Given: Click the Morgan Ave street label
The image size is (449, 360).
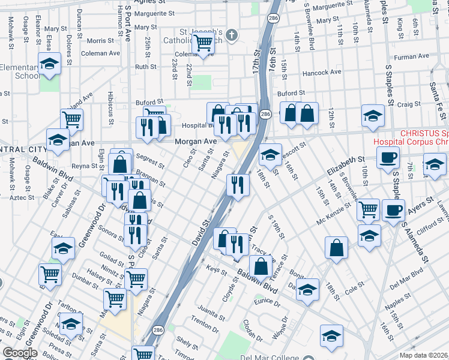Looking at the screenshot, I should tap(195, 142).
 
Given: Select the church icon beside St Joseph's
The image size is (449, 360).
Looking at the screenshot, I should tap(231, 35).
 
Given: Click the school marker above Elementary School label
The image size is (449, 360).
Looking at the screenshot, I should tap(49, 62).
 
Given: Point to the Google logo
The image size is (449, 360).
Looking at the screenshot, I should tap(20, 353).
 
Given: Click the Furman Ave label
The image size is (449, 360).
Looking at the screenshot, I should tap(412, 56).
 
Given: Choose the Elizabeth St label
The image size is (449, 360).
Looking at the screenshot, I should tap(346, 166).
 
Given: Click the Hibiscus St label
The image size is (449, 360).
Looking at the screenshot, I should tap(111, 108).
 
